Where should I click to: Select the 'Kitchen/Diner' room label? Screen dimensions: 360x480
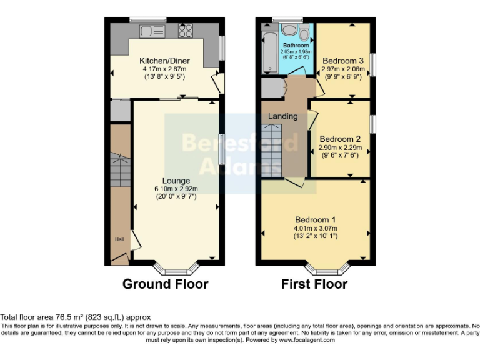pyautogui.click(x=164, y=61)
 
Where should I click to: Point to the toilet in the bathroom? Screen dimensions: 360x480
pyautogui.click(x=304, y=32)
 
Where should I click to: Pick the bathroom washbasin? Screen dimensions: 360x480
pyautogui.click(x=289, y=31)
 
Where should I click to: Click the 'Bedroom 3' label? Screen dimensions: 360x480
pyautogui.click(x=342, y=60)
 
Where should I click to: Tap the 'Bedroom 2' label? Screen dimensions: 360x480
pyautogui.click(x=340, y=139)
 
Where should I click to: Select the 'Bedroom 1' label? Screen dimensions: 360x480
pyautogui.click(x=316, y=219)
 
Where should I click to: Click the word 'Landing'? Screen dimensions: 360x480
pyautogui.click(x=283, y=116)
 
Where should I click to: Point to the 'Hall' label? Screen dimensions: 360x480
pyautogui.click(x=119, y=239)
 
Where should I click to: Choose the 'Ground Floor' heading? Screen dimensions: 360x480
pyautogui.click(x=165, y=284)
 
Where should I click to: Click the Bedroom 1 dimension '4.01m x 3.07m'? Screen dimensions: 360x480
pyautogui.click(x=316, y=228)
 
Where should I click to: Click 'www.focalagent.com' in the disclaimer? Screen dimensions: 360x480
pyautogui.click(x=307, y=340)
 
